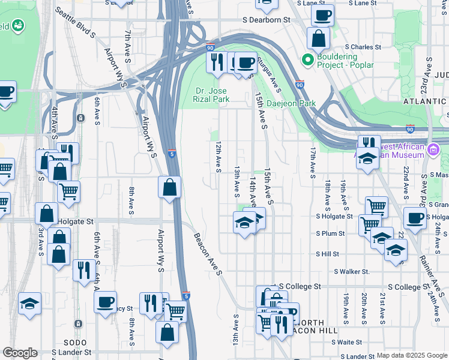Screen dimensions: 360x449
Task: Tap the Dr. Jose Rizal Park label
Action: (212, 95)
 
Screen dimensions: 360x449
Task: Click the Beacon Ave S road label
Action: (208, 251)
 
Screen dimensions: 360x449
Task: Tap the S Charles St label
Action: (362, 47)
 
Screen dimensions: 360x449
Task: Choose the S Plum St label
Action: (331, 233)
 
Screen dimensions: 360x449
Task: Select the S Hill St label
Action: (328, 254)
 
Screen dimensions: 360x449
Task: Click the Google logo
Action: (20, 353)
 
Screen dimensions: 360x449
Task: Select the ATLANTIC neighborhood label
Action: (425, 102)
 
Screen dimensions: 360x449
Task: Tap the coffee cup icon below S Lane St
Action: (322, 15)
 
